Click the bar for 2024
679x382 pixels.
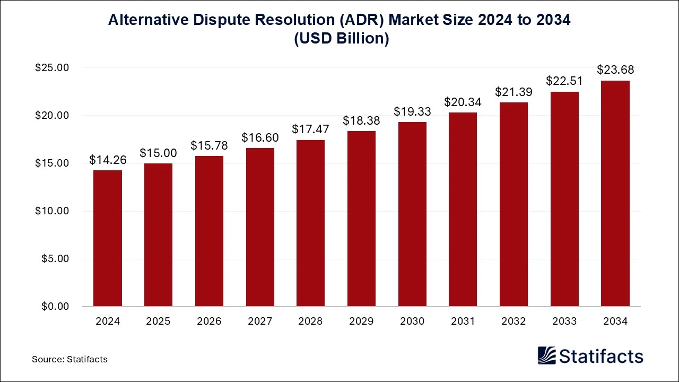click(108, 238)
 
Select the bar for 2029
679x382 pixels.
click(361, 219)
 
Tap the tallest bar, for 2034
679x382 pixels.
click(615, 194)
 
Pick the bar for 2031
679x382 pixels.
click(463, 210)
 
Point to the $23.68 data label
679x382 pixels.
click(615, 70)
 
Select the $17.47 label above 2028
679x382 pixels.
click(311, 129)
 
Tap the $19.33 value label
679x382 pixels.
click(412, 112)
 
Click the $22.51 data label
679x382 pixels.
click(564, 81)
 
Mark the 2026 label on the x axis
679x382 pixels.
click(209, 322)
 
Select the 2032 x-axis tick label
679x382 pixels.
click(513, 322)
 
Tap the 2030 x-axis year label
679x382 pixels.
click(412, 322)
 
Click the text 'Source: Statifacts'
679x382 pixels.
click(69, 359)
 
